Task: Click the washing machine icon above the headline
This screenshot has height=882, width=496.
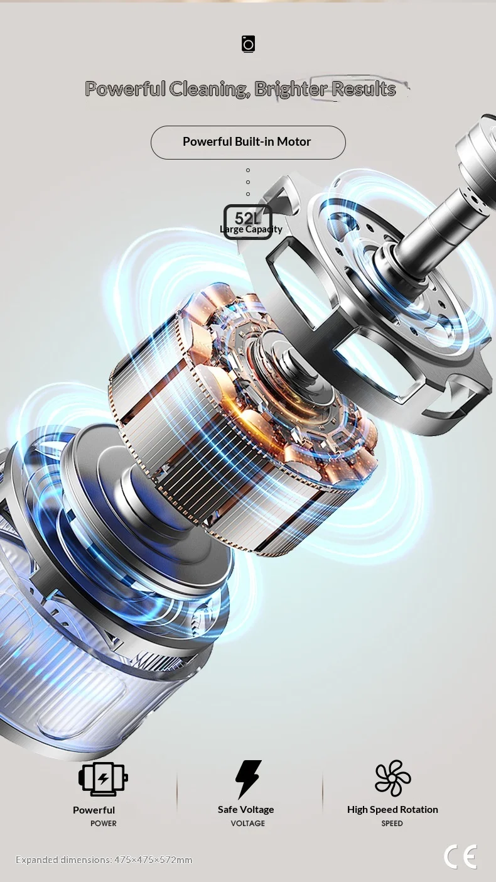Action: (248, 44)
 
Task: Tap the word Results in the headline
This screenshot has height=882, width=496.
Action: (363, 89)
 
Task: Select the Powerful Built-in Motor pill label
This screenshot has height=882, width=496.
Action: (248, 143)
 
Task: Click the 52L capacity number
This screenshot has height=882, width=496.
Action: (247, 218)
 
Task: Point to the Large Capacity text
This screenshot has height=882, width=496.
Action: (251, 229)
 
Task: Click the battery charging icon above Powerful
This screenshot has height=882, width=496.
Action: (103, 779)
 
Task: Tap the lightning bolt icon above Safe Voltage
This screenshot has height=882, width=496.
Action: (248, 779)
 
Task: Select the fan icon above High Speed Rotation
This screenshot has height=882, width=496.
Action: (392, 778)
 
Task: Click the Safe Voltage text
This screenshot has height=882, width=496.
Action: (246, 810)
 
